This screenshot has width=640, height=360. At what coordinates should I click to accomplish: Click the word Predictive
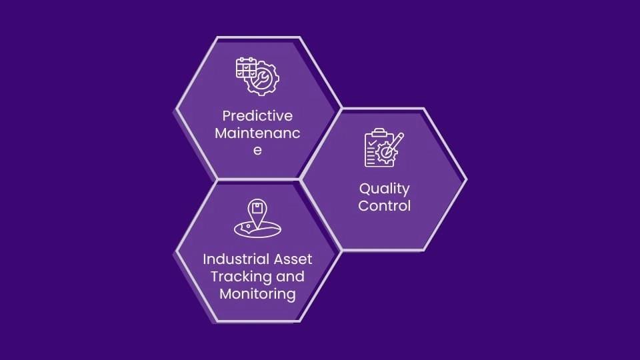(257, 115)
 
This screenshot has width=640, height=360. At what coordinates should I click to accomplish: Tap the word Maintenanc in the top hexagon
(257, 133)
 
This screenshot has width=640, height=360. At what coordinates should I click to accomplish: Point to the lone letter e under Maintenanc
(257, 150)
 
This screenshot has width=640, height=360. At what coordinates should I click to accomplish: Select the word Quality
(384, 189)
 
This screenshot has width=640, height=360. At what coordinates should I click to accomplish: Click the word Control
(384, 206)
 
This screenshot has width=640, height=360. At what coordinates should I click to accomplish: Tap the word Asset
(293, 259)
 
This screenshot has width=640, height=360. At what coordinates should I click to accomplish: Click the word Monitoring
(257, 293)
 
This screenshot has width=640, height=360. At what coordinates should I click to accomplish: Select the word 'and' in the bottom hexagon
(290, 276)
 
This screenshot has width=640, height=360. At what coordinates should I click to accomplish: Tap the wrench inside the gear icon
(263, 80)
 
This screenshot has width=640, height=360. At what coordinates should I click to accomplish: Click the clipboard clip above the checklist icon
(378, 132)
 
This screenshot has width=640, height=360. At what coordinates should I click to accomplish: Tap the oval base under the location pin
(257, 229)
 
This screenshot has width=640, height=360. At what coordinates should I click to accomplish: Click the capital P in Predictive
(227, 115)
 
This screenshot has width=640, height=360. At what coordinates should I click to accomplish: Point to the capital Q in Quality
(365, 189)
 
